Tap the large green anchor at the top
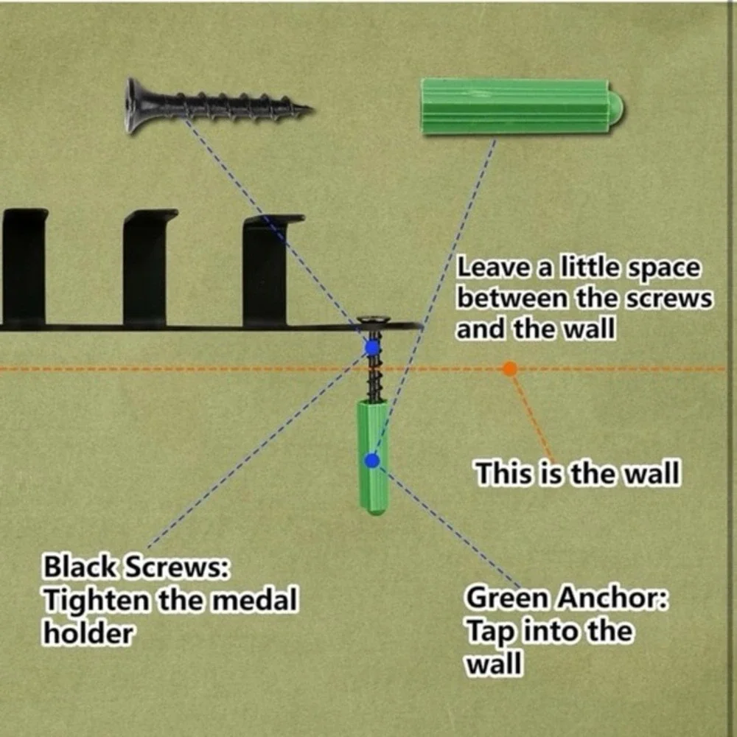pos(522,107)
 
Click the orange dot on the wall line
pos(509,368)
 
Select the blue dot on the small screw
pos(371,348)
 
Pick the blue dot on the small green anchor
pos(371,461)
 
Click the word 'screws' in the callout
pos(668,299)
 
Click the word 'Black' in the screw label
pos(80,566)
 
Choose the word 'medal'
pos(253,600)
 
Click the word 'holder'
pos(88,633)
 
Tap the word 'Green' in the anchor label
pos(507,598)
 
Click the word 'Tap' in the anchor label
pos(490,632)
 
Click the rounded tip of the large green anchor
pos(617,107)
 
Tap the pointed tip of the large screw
pos(310,110)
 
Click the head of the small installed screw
pos(374,321)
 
